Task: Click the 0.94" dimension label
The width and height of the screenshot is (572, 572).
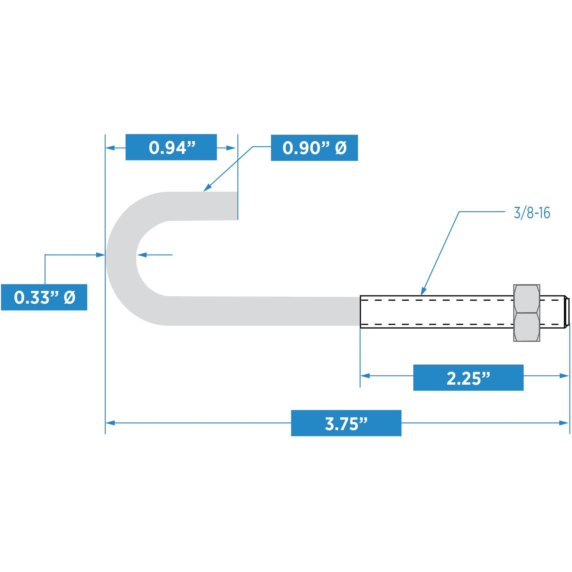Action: pyautogui.click(x=171, y=147)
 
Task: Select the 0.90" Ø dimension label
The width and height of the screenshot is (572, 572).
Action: pyautogui.click(x=315, y=148)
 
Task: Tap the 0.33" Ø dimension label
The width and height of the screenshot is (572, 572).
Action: pyautogui.click(x=44, y=297)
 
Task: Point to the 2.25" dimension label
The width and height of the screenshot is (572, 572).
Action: pyautogui.click(x=468, y=378)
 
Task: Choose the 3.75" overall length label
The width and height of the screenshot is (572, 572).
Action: pyautogui.click(x=346, y=423)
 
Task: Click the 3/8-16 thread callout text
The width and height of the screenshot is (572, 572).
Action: pyautogui.click(x=532, y=213)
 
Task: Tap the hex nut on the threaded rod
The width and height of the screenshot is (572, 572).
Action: pyautogui.click(x=527, y=313)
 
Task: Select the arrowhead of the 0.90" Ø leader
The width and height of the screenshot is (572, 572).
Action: pyautogui.click(x=207, y=188)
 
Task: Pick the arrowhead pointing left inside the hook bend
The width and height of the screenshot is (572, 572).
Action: pyautogui.click(x=141, y=255)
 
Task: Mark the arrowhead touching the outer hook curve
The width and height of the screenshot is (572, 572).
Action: pyautogui.click(x=101, y=255)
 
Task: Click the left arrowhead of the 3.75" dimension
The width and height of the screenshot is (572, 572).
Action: pyautogui.click(x=110, y=423)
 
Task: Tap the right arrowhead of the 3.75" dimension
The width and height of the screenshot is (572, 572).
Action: pyautogui.click(x=564, y=423)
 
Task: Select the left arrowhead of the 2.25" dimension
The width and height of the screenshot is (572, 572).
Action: pyautogui.click(x=365, y=376)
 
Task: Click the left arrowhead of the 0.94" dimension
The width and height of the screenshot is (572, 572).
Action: pyautogui.click(x=110, y=148)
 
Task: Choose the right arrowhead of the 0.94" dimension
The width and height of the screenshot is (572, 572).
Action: pyautogui.click(x=231, y=148)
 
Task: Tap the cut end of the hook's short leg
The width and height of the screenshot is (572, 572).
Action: pyautogui.click(x=237, y=206)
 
